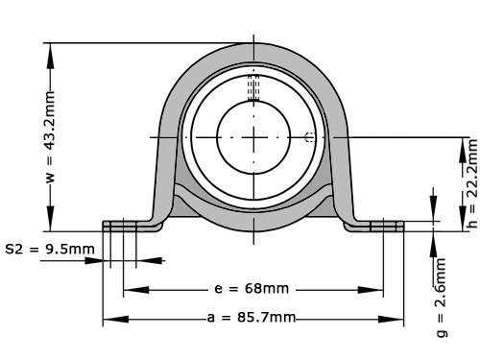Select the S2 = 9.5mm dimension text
point(50,250)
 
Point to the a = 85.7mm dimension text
point(252,318)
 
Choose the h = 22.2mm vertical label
point(470,182)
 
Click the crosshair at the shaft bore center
point(254,137)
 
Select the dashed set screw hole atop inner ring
point(254,89)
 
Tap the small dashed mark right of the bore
point(309,137)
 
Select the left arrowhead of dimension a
point(111,319)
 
